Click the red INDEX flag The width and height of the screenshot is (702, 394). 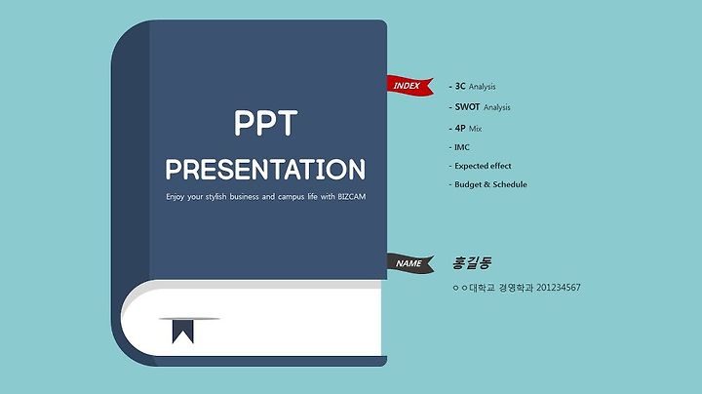click(x=409, y=85)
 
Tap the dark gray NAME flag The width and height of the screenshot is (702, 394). click(x=409, y=262)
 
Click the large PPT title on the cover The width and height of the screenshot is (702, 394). click(x=265, y=123)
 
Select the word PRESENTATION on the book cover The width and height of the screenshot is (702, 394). click(x=265, y=170)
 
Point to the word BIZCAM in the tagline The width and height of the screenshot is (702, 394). click(x=351, y=197)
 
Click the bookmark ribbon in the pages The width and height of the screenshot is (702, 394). click(x=183, y=332)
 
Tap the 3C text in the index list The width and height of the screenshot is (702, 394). click(x=460, y=86)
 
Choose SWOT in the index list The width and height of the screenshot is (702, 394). click(x=467, y=107)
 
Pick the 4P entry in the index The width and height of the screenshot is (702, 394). click(x=460, y=128)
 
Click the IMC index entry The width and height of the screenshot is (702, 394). click(x=462, y=147)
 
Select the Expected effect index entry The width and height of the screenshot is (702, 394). click(x=483, y=166)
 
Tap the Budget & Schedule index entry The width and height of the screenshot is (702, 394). click(x=490, y=184)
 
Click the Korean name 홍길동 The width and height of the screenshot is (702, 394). click(x=472, y=262)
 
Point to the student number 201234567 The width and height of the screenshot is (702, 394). click(x=559, y=288)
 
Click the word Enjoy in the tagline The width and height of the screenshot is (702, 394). click(x=175, y=197)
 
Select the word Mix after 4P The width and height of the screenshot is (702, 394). click(x=475, y=129)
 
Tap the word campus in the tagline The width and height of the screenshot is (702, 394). click(x=291, y=197)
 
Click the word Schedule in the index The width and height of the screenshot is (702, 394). click(x=510, y=184)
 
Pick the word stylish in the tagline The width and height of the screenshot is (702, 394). click(x=215, y=197)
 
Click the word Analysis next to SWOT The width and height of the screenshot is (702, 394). click(x=497, y=107)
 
